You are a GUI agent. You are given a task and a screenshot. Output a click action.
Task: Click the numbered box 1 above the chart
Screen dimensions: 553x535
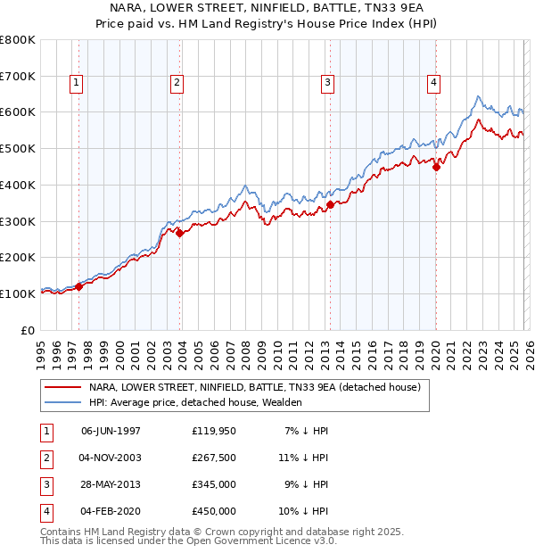(78, 83)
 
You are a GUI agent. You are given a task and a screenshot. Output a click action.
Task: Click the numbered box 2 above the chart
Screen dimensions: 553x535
(177, 83)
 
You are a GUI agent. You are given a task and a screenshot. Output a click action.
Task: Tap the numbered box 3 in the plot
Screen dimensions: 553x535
(328, 83)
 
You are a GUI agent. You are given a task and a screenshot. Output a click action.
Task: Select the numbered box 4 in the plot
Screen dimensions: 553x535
(433, 83)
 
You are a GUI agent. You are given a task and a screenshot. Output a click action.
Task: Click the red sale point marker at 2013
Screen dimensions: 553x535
(330, 204)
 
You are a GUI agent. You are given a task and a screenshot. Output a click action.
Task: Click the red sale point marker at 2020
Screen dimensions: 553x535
(436, 166)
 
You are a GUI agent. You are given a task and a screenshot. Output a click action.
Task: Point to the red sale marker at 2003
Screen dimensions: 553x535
(179, 233)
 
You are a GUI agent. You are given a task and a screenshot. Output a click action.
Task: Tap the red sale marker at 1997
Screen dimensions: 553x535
(78, 286)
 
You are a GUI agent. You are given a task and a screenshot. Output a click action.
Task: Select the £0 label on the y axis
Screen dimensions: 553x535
(28, 330)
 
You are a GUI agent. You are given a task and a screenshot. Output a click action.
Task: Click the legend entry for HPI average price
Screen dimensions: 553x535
(195, 402)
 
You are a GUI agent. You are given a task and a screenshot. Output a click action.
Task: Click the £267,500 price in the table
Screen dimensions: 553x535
(214, 457)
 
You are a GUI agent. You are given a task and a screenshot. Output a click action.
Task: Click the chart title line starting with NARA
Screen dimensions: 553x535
(267, 6)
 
